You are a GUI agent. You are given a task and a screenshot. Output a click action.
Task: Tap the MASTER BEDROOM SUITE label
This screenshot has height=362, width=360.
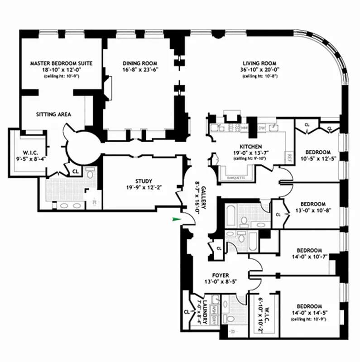(61, 63)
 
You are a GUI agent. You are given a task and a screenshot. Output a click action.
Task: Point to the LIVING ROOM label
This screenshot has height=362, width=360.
(259, 63)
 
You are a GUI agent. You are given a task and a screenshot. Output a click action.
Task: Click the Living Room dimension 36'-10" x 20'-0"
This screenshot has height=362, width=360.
(259, 70)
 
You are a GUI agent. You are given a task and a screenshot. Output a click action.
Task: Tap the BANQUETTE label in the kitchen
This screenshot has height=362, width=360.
(234, 178)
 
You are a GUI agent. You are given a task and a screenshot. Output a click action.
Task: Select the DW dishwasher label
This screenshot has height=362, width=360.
(261, 129)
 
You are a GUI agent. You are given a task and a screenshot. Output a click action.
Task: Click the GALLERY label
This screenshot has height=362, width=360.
(204, 197)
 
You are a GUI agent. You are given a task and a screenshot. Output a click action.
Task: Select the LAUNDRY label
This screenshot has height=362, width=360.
(205, 312)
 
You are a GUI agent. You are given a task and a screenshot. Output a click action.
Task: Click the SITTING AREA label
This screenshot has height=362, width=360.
(53, 114)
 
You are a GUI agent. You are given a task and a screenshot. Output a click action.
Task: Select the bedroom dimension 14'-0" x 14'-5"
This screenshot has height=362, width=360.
(310, 313)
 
